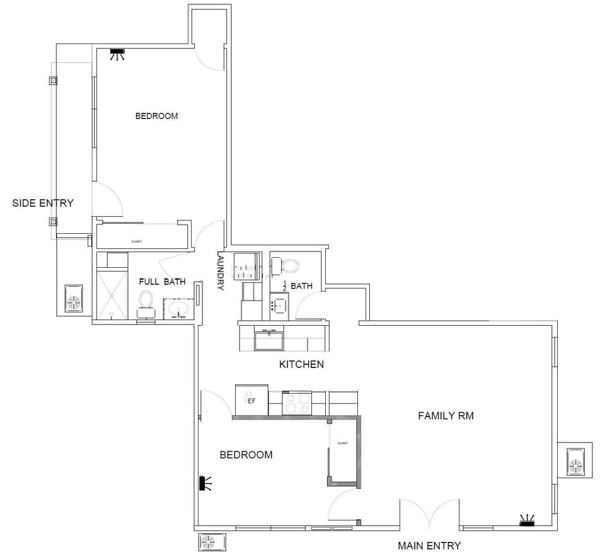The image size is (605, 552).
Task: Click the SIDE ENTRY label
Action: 43,203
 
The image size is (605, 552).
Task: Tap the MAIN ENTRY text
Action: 429,545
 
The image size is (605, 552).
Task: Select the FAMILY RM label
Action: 446,416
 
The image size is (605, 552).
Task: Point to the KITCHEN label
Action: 301,364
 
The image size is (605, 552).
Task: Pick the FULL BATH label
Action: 162,282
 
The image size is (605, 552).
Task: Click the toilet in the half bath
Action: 290,265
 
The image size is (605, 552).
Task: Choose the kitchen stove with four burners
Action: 296,403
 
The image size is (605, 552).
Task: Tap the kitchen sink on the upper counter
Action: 269,339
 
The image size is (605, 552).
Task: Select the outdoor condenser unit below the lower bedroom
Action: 208,541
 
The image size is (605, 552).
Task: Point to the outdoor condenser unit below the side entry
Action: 74,299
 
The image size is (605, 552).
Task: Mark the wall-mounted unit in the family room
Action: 526,520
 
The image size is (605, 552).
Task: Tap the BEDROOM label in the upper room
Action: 156,116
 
